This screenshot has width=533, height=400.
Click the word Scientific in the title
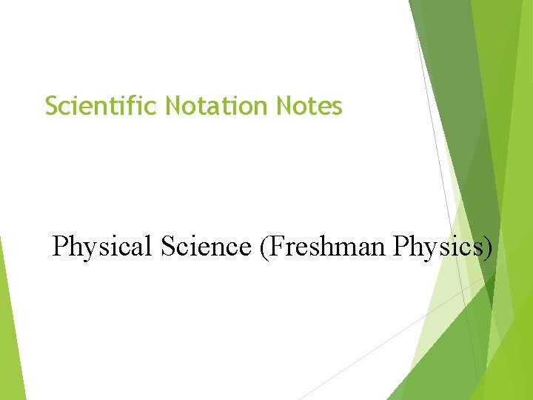(101, 107)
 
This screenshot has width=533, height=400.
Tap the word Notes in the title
(309, 107)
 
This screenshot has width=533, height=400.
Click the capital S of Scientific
(51, 107)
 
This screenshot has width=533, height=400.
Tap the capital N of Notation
(172, 107)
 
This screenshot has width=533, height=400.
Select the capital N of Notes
(284, 107)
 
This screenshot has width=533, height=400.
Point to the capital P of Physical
(60, 246)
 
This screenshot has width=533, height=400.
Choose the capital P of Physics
(400, 246)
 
